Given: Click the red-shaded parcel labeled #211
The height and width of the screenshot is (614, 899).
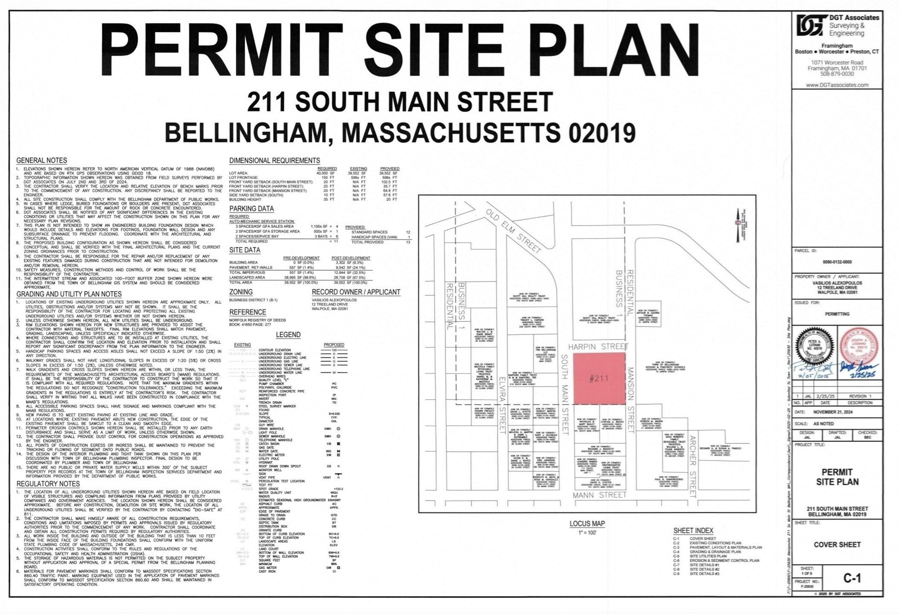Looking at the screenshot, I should pyautogui.click(x=599, y=378).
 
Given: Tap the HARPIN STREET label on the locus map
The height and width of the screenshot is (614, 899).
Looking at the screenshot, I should pyautogui.click(x=597, y=347).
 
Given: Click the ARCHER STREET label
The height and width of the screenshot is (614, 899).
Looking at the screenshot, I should pyautogui.click(x=693, y=466).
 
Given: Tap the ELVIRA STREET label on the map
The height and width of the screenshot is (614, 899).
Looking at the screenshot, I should pyautogui.click(x=502, y=405).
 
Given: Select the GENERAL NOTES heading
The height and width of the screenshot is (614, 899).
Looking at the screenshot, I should pyautogui.click(x=42, y=161).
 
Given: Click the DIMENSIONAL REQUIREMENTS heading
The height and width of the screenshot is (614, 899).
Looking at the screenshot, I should pyautogui.click(x=275, y=161).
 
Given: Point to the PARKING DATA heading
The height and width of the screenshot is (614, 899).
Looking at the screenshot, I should pyautogui.click(x=252, y=209).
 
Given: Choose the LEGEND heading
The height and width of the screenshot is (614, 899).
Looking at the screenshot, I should pyautogui.click(x=288, y=335).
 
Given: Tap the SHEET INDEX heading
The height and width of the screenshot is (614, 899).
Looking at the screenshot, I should pyautogui.click(x=693, y=531).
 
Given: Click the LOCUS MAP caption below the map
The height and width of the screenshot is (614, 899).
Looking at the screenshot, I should pyautogui.click(x=587, y=524).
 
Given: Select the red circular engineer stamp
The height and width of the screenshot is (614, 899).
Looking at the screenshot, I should pyautogui.click(x=859, y=345).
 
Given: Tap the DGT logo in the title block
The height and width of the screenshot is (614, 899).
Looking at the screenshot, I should pyautogui.click(x=809, y=26).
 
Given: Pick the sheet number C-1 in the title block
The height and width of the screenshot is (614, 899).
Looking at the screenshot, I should pyautogui.click(x=852, y=578).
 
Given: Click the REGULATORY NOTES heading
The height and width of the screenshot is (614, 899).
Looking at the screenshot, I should pyautogui.click(x=48, y=484).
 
